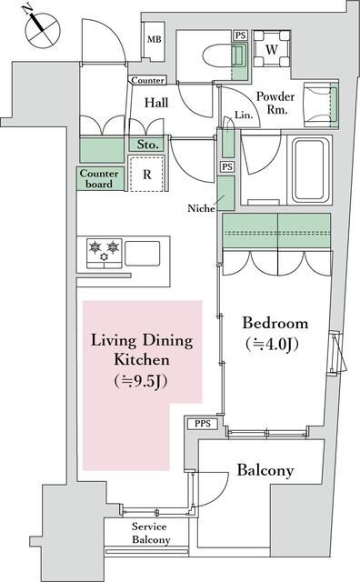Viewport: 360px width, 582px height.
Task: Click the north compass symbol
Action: tap(39, 27)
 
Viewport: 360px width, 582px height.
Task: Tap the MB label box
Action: tap(155, 41)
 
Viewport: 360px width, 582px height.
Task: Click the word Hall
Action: tap(158, 104)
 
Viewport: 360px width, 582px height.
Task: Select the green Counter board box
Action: tap(97, 179)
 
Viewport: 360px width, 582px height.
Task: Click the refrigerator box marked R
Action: tap(147, 176)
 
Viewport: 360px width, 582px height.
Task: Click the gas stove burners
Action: tap(103, 251)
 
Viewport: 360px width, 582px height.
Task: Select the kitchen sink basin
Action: tap(143, 251)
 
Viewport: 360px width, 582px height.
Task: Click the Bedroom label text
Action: tap(275, 324)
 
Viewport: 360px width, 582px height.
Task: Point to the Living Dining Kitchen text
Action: tap(141, 360)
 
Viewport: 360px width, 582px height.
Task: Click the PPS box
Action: tap(202, 425)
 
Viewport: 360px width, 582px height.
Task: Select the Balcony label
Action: tap(265, 470)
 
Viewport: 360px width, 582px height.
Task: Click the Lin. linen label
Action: tap(244, 115)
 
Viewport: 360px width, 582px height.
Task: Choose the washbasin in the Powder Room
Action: tap(321, 99)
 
